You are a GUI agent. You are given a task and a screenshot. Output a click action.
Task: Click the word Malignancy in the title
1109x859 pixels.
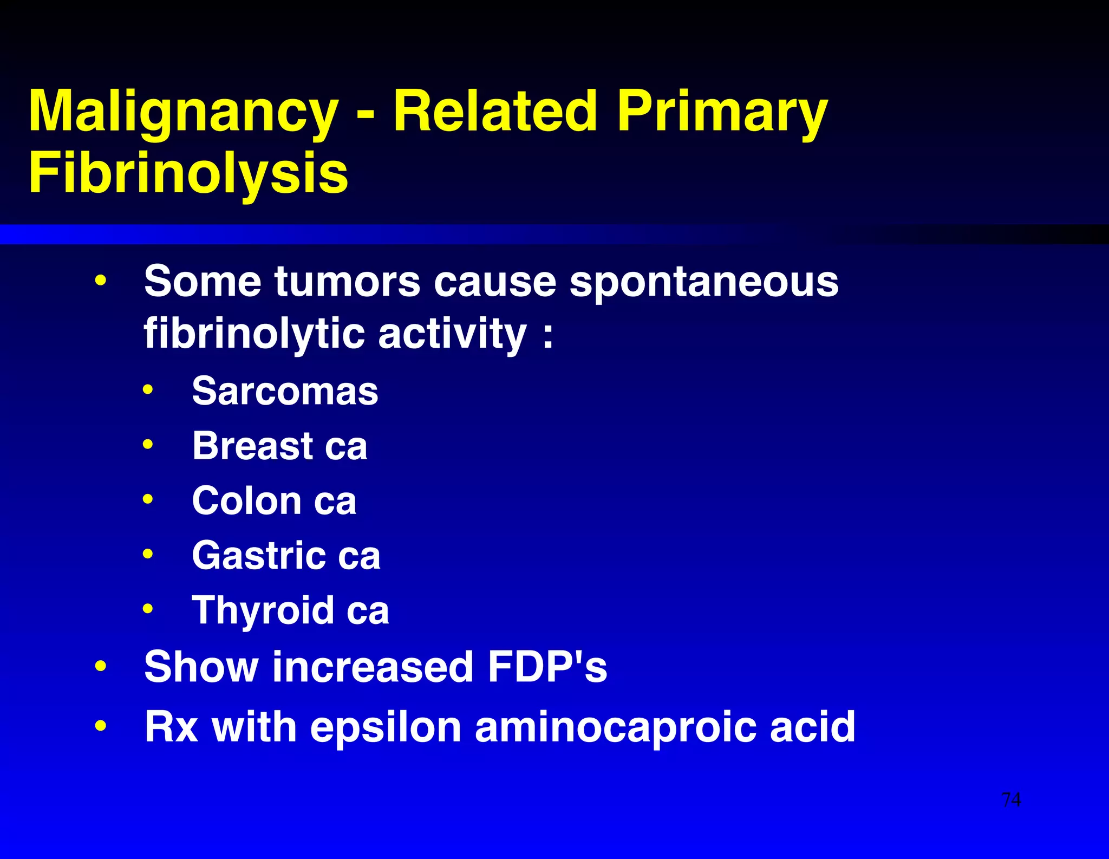point(183,112)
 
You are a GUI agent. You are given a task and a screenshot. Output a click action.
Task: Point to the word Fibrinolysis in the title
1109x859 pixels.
point(188,173)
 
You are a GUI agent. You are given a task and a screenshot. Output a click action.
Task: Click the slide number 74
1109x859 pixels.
point(1011,799)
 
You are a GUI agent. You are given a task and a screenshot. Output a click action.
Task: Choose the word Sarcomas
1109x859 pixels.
point(285,391)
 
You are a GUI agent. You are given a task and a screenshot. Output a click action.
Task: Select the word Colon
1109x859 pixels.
point(246,500)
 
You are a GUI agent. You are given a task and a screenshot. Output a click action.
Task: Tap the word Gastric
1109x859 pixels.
point(259,556)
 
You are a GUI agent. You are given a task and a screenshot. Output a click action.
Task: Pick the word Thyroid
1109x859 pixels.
point(263,610)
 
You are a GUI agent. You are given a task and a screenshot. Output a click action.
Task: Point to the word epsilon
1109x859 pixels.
point(386,727)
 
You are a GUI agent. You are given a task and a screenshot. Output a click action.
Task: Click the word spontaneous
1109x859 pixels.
point(703,282)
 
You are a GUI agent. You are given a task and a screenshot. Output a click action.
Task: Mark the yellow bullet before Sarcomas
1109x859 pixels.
point(148,389)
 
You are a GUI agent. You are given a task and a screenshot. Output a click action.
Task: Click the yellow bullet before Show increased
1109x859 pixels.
point(100,666)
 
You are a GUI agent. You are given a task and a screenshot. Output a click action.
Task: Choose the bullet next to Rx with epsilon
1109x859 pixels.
point(100,726)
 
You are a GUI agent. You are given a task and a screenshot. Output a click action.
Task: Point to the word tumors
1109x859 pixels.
point(347,282)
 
